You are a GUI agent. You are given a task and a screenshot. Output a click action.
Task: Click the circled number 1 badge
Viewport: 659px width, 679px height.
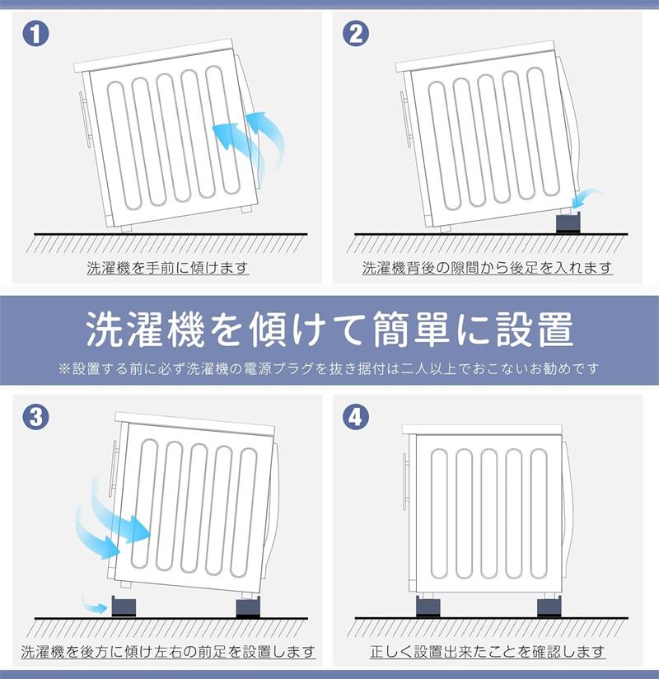pos(35,33)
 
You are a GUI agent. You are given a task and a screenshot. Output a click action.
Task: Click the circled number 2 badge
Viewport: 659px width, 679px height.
pos(356,33)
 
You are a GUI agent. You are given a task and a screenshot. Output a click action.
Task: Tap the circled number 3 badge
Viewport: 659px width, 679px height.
pos(35,417)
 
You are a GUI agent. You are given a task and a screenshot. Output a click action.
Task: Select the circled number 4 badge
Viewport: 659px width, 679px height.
pos(356,417)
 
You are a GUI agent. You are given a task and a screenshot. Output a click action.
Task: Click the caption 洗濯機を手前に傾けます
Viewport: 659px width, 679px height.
pos(167,268)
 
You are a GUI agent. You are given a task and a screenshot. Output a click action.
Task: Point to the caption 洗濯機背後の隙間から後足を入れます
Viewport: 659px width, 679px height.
pos(487,268)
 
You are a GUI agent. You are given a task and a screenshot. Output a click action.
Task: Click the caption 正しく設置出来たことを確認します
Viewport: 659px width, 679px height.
pos(487,651)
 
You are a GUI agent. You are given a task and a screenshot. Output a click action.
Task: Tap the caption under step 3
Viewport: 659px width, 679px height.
pos(168,651)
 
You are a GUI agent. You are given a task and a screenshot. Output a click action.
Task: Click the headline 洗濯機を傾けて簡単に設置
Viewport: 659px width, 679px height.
pos(329,329)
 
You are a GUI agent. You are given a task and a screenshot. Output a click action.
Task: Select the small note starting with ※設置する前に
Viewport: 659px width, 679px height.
pos(329,368)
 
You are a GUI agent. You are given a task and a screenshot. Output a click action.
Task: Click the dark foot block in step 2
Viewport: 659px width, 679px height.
pos(568,223)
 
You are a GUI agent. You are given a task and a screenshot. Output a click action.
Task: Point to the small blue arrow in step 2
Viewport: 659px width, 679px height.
pos(586,198)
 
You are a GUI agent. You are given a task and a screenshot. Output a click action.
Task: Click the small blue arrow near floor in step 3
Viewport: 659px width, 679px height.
pos(95,605)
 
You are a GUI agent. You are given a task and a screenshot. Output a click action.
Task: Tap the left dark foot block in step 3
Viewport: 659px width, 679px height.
pos(124,606)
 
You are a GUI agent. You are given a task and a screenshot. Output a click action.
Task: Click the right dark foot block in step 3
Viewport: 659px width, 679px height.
pos(248,608)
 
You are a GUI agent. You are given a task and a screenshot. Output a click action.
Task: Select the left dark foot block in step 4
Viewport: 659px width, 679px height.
pos(428,606)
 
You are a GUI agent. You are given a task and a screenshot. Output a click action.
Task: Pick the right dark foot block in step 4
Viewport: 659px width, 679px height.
pos(549,606)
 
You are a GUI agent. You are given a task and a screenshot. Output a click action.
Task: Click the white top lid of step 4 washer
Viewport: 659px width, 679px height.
pos(482,429)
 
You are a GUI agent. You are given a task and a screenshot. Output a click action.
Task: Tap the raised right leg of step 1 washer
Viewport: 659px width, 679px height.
pos(246,208)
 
